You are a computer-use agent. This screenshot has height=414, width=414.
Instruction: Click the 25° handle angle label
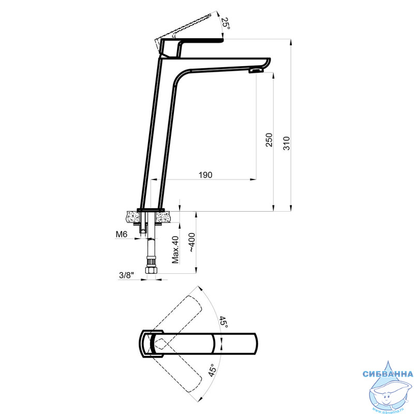[x=226, y=23]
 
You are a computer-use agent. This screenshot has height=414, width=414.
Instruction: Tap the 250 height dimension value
[x=269, y=140]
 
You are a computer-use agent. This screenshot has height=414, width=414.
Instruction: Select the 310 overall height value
[x=287, y=143]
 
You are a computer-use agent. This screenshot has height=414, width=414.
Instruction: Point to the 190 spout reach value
[x=205, y=175]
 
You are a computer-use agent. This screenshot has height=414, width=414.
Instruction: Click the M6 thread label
[x=122, y=234]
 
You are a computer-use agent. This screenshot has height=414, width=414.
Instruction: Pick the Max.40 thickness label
[x=175, y=250]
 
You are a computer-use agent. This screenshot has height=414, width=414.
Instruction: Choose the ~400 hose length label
[x=191, y=242]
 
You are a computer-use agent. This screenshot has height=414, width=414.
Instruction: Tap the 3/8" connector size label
[x=126, y=275]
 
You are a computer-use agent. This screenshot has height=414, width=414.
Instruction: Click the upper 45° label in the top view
[x=224, y=322]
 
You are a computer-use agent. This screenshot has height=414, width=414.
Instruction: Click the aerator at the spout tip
[x=256, y=70]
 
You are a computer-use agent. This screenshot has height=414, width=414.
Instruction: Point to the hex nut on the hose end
[x=152, y=270]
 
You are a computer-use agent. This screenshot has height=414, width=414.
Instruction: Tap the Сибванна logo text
[x=388, y=374]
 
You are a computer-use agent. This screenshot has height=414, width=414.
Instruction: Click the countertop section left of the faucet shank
[x=133, y=216]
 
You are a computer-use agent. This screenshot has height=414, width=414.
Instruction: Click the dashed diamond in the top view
[x=161, y=344]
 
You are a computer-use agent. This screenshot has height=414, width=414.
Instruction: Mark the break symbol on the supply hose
[x=152, y=239]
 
